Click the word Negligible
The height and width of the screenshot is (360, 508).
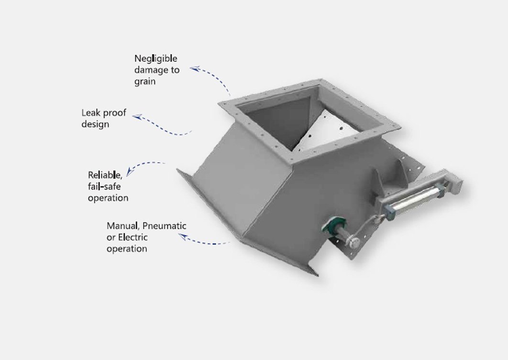click(156, 59)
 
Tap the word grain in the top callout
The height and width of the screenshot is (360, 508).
click(145, 81)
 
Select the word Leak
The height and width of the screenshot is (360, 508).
click(90, 113)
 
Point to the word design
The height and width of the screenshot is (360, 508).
click(95, 124)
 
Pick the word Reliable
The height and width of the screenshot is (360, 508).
click(105, 175)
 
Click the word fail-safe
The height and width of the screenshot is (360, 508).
click(104, 187)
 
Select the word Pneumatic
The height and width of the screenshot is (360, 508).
click(164, 226)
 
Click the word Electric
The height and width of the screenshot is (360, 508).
click(133, 237)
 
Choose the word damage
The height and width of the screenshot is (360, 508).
click(151, 70)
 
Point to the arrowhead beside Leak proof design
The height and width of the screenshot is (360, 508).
click(138, 116)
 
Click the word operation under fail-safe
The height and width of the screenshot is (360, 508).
click(108, 198)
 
